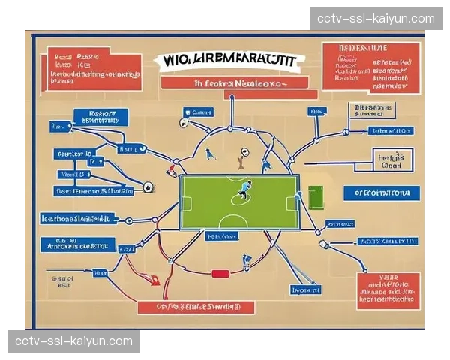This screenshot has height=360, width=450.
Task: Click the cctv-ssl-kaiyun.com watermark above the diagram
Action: click(x=376, y=18)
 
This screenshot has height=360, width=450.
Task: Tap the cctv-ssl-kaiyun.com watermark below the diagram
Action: click(x=74, y=341)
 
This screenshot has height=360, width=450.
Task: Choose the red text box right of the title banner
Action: click(x=369, y=67)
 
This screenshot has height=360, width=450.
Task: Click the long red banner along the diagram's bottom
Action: click(x=196, y=306)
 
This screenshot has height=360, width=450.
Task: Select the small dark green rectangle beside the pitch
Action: click(x=314, y=198)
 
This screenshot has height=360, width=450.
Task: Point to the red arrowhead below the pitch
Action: click(x=154, y=280)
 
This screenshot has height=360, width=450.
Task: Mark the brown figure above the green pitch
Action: click(x=240, y=158)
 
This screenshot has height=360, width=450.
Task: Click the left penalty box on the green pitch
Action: click(x=186, y=203)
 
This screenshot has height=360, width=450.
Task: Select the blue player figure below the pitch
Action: click(x=246, y=260)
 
